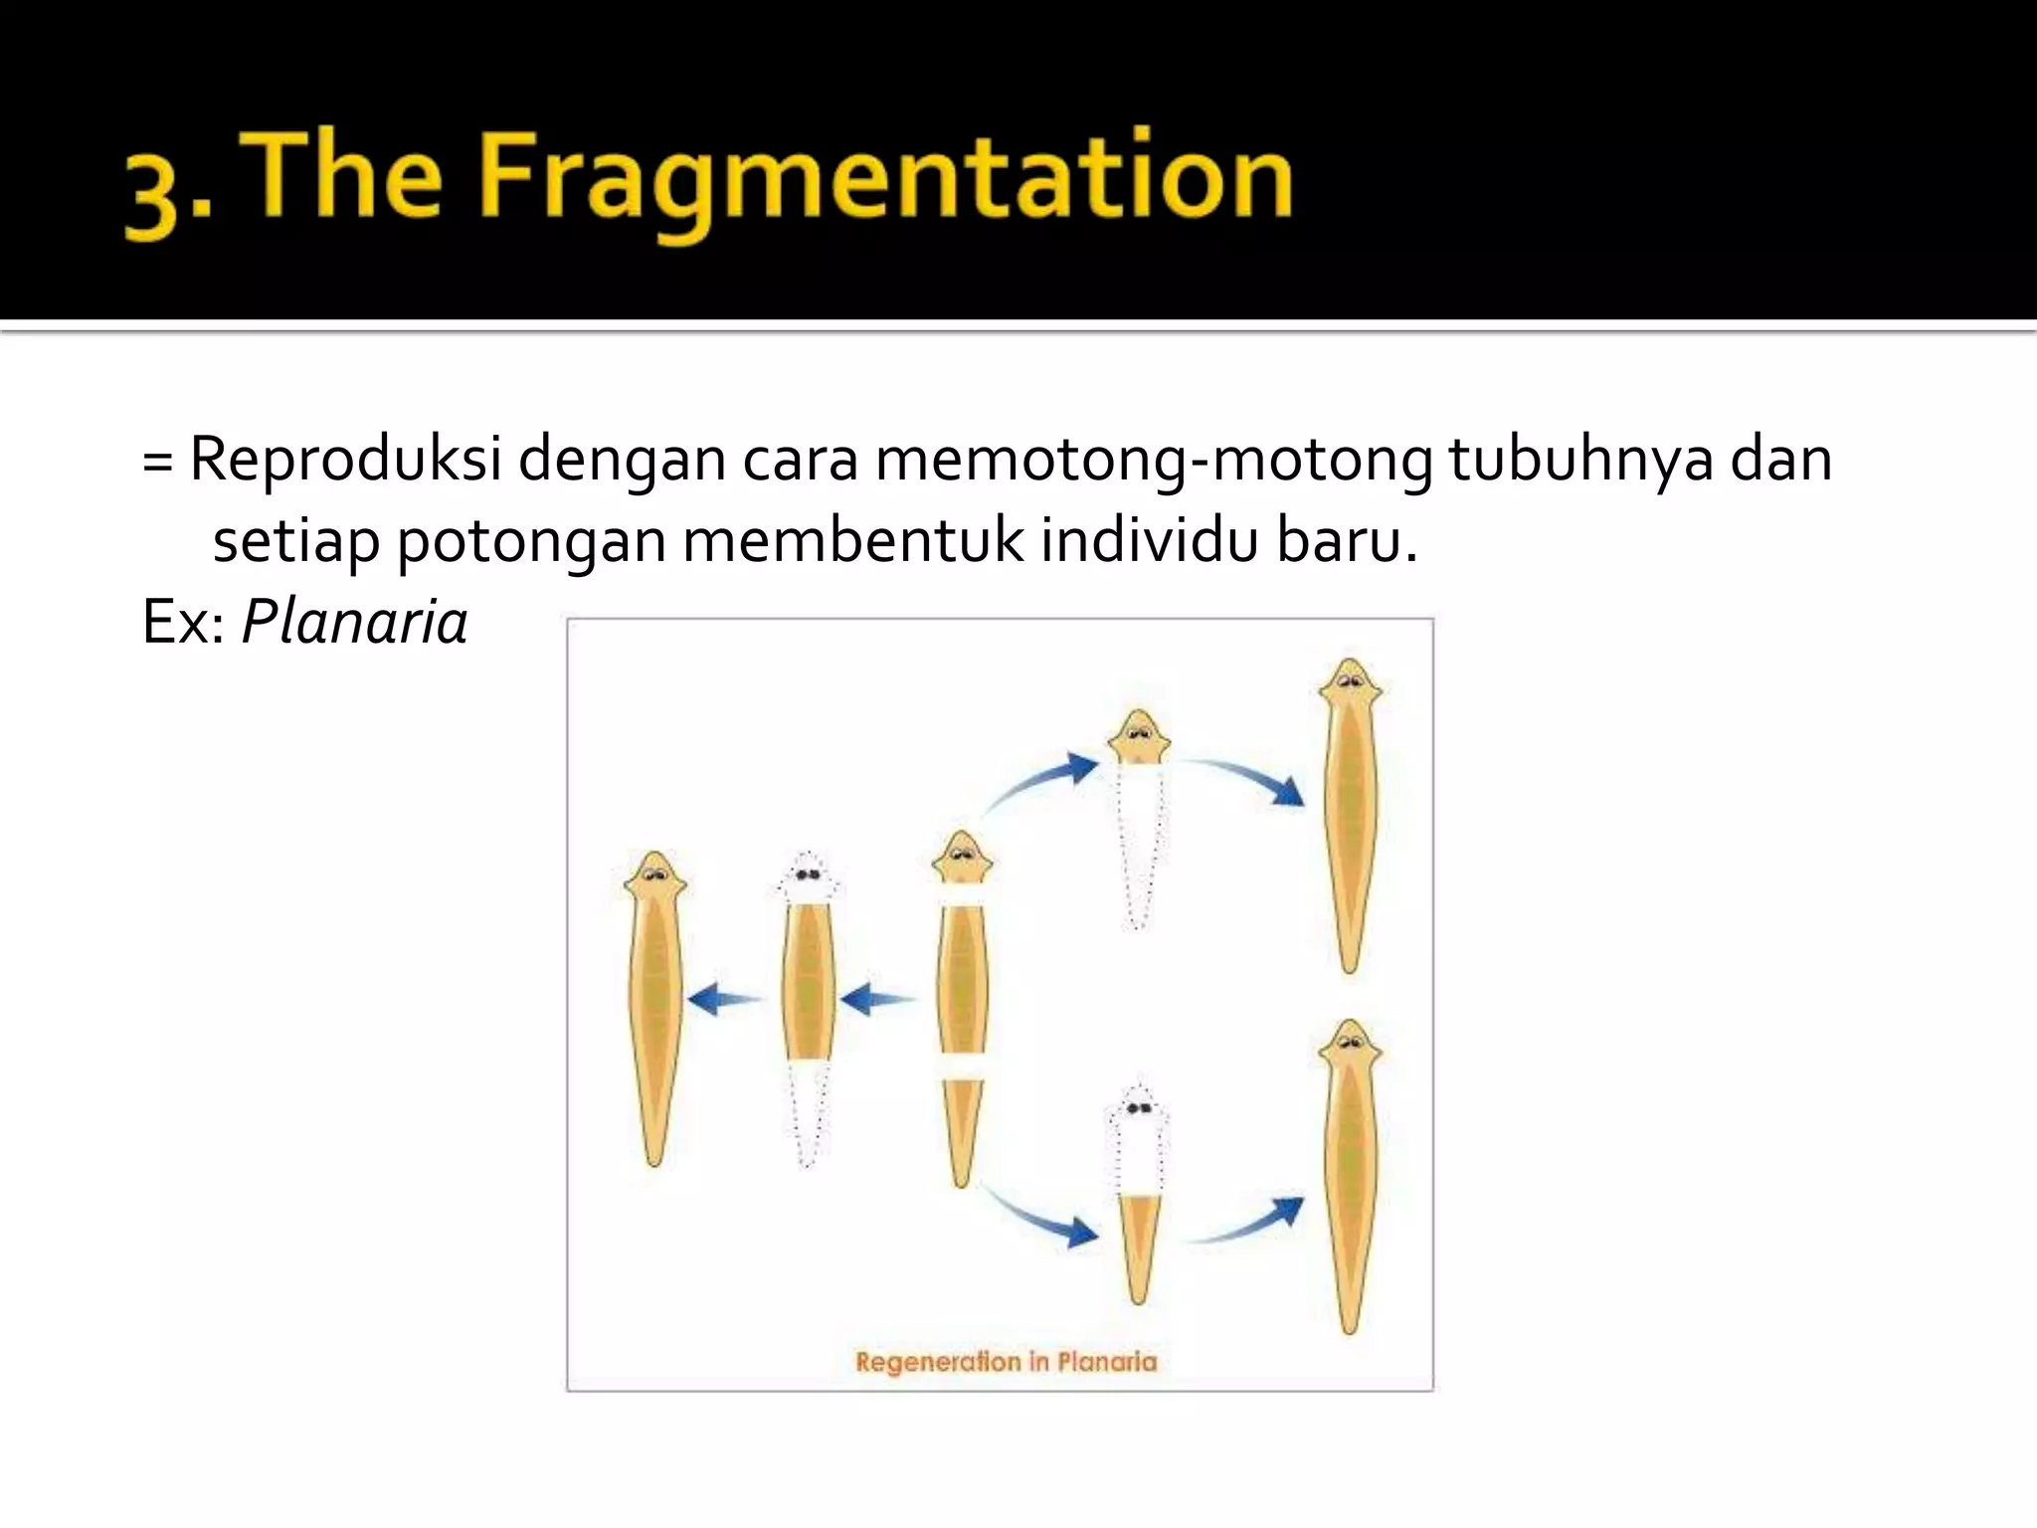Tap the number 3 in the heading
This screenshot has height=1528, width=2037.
pyautogui.click(x=152, y=199)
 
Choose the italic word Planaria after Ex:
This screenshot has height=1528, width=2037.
pyautogui.click(x=354, y=624)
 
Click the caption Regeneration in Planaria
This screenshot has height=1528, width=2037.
pyautogui.click(x=1006, y=1362)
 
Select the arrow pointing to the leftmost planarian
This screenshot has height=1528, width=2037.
pyautogui.click(x=723, y=999)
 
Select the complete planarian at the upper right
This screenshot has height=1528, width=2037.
pyautogui.click(x=1350, y=816)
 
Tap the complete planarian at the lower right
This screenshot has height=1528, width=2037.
pyautogui.click(x=1350, y=1174)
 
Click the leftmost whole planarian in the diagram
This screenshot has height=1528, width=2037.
pyautogui.click(x=654, y=1005)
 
